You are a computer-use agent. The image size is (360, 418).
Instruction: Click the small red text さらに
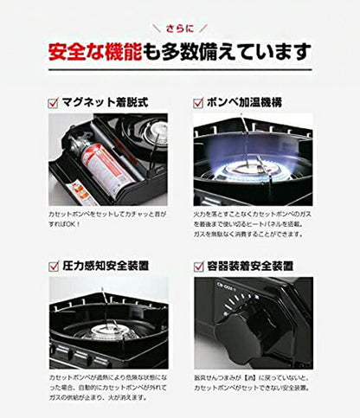(x=179, y=27)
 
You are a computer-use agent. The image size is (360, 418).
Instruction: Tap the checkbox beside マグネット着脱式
(x=54, y=102)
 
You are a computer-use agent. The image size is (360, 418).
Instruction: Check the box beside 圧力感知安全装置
(x=54, y=265)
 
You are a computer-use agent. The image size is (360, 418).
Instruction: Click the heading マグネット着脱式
(x=106, y=102)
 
